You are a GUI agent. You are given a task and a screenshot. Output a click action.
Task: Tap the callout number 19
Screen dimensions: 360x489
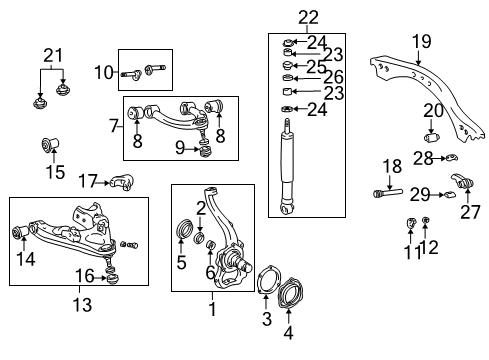pos(420,41)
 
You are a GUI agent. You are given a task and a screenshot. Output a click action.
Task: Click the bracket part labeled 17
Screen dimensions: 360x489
pos(121,183)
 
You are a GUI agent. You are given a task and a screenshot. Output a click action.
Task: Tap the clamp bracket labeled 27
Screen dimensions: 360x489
pos(463,186)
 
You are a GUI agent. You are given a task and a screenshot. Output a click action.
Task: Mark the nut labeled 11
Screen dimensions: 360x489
pos(410,221)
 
